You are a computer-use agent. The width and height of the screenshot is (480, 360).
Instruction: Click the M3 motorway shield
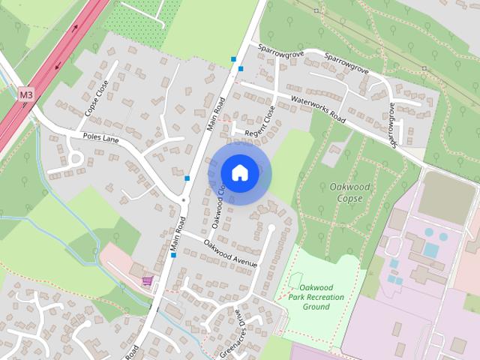pos(26,94)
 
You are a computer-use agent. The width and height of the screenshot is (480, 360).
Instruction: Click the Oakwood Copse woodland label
pos(345,192)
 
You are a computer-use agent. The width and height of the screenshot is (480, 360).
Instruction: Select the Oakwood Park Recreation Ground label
pos(316,297)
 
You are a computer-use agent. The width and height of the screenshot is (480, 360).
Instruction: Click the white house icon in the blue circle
pos(239,172)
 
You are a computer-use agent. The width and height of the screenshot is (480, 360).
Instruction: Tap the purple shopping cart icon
pos(148,280)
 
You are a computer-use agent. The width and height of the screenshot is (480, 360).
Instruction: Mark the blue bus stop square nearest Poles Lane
pos(187,178)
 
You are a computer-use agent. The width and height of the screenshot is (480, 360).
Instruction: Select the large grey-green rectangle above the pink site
pos(445,197)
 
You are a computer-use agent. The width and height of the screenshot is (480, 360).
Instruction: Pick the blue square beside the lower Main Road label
pos(173,256)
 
